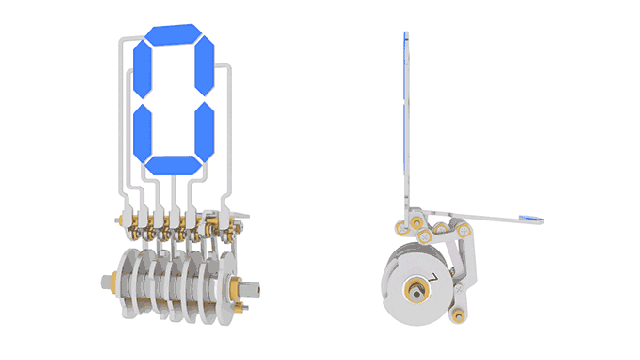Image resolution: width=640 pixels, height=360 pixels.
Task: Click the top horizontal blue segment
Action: (x=173, y=35)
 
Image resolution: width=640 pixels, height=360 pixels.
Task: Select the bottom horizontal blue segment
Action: (x=173, y=165)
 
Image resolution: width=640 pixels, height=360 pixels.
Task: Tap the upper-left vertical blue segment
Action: (x=142, y=69)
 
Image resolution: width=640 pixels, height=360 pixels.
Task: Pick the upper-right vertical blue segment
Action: (x=204, y=65)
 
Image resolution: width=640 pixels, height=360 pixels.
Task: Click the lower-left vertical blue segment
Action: (x=142, y=133)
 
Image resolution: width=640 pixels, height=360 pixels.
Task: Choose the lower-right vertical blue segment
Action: (x=204, y=131)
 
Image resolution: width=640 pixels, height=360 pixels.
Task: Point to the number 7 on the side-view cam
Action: (x=433, y=278)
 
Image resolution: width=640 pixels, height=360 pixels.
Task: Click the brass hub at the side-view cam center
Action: (x=416, y=291)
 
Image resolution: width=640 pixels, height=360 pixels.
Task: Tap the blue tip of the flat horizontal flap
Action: (x=531, y=219)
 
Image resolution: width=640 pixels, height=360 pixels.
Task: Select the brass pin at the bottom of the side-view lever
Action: (x=458, y=315)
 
